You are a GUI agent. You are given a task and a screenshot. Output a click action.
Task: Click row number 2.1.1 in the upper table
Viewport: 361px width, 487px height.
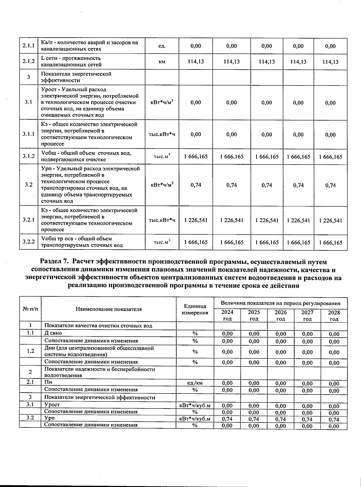(29, 46)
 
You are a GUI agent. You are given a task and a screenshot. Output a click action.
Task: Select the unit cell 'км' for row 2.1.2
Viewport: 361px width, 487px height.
(162, 62)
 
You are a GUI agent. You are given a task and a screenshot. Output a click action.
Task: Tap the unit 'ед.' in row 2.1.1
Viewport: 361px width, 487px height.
(162, 46)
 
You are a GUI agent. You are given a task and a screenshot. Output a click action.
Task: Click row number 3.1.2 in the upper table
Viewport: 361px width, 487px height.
(29, 156)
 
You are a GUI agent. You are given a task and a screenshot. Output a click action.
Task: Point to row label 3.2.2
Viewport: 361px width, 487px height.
(29, 242)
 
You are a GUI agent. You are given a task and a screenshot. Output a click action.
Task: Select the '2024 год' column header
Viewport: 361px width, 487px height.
(227, 315)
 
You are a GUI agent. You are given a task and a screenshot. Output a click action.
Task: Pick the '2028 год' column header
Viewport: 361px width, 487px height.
(334, 315)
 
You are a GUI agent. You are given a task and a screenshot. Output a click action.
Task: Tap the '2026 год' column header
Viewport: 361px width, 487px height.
(281, 315)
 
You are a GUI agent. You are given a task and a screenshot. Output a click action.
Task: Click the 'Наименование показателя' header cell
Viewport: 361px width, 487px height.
(109, 309)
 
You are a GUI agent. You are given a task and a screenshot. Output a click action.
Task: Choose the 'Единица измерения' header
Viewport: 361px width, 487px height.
(195, 309)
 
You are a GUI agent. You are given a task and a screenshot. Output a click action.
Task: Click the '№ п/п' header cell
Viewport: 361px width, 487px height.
(30, 309)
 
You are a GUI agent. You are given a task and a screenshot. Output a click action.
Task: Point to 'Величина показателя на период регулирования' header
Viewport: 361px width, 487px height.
(280, 303)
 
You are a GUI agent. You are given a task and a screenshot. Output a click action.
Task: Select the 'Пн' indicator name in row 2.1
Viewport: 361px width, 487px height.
(48, 382)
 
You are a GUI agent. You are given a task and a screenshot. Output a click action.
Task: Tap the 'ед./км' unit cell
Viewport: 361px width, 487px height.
(195, 383)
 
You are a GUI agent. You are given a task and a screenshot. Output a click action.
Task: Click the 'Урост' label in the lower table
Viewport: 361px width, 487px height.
(52, 405)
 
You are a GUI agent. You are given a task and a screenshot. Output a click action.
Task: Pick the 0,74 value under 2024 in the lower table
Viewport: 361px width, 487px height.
(227, 419)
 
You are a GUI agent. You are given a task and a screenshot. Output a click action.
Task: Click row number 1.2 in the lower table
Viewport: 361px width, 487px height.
(30, 351)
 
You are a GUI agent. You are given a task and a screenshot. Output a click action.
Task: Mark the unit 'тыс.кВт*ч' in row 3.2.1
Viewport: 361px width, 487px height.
(162, 220)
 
